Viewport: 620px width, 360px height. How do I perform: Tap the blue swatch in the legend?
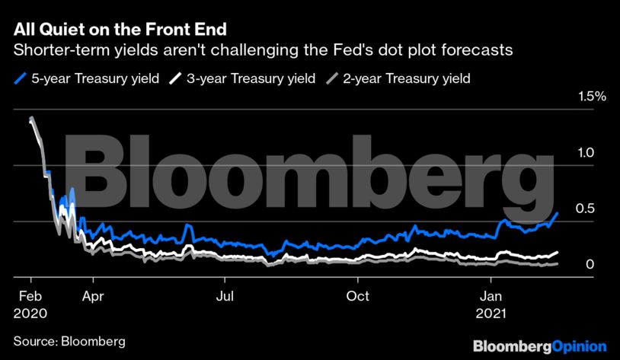(x=21, y=78)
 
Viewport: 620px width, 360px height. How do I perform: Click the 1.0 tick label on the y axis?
(x=585, y=152)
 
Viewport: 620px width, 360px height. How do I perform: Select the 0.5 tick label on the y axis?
(x=585, y=209)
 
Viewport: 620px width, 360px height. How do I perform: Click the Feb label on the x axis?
(x=29, y=296)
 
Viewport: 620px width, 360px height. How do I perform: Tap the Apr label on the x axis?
(x=93, y=296)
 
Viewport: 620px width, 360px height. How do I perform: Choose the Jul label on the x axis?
(x=225, y=296)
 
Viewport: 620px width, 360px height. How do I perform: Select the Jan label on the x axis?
(x=489, y=296)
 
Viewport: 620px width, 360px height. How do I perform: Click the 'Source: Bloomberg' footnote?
(x=69, y=340)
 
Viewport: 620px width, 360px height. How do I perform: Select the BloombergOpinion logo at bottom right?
(x=539, y=346)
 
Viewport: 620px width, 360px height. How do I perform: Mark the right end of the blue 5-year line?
(x=558, y=214)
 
